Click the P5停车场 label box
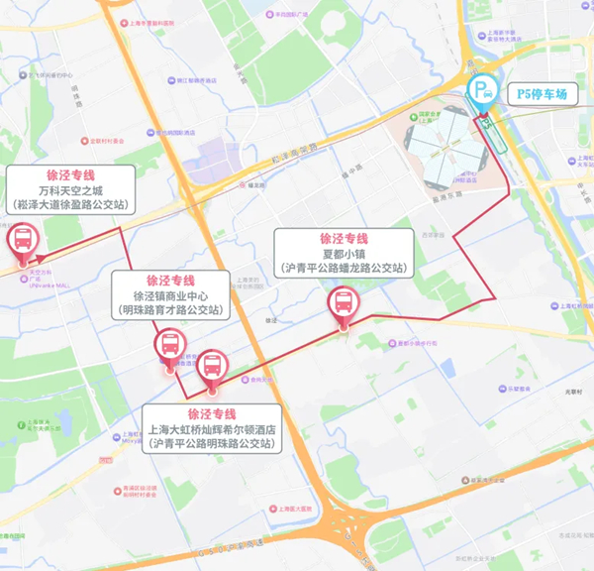point(542,94)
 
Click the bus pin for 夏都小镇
point(344,303)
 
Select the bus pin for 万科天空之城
point(22,241)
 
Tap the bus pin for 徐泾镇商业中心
point(169,344)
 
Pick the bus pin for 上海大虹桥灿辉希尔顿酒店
point(211,367)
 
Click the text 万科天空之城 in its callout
point(70,189)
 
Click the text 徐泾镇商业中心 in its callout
point(172,295)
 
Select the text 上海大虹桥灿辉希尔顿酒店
point(212,429)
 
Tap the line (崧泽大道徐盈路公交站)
point(70,205)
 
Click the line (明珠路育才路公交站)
point(172,310)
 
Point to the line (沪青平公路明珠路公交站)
point(212,444)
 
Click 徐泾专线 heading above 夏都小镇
point(344,239)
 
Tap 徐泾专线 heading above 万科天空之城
point(70,173)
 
